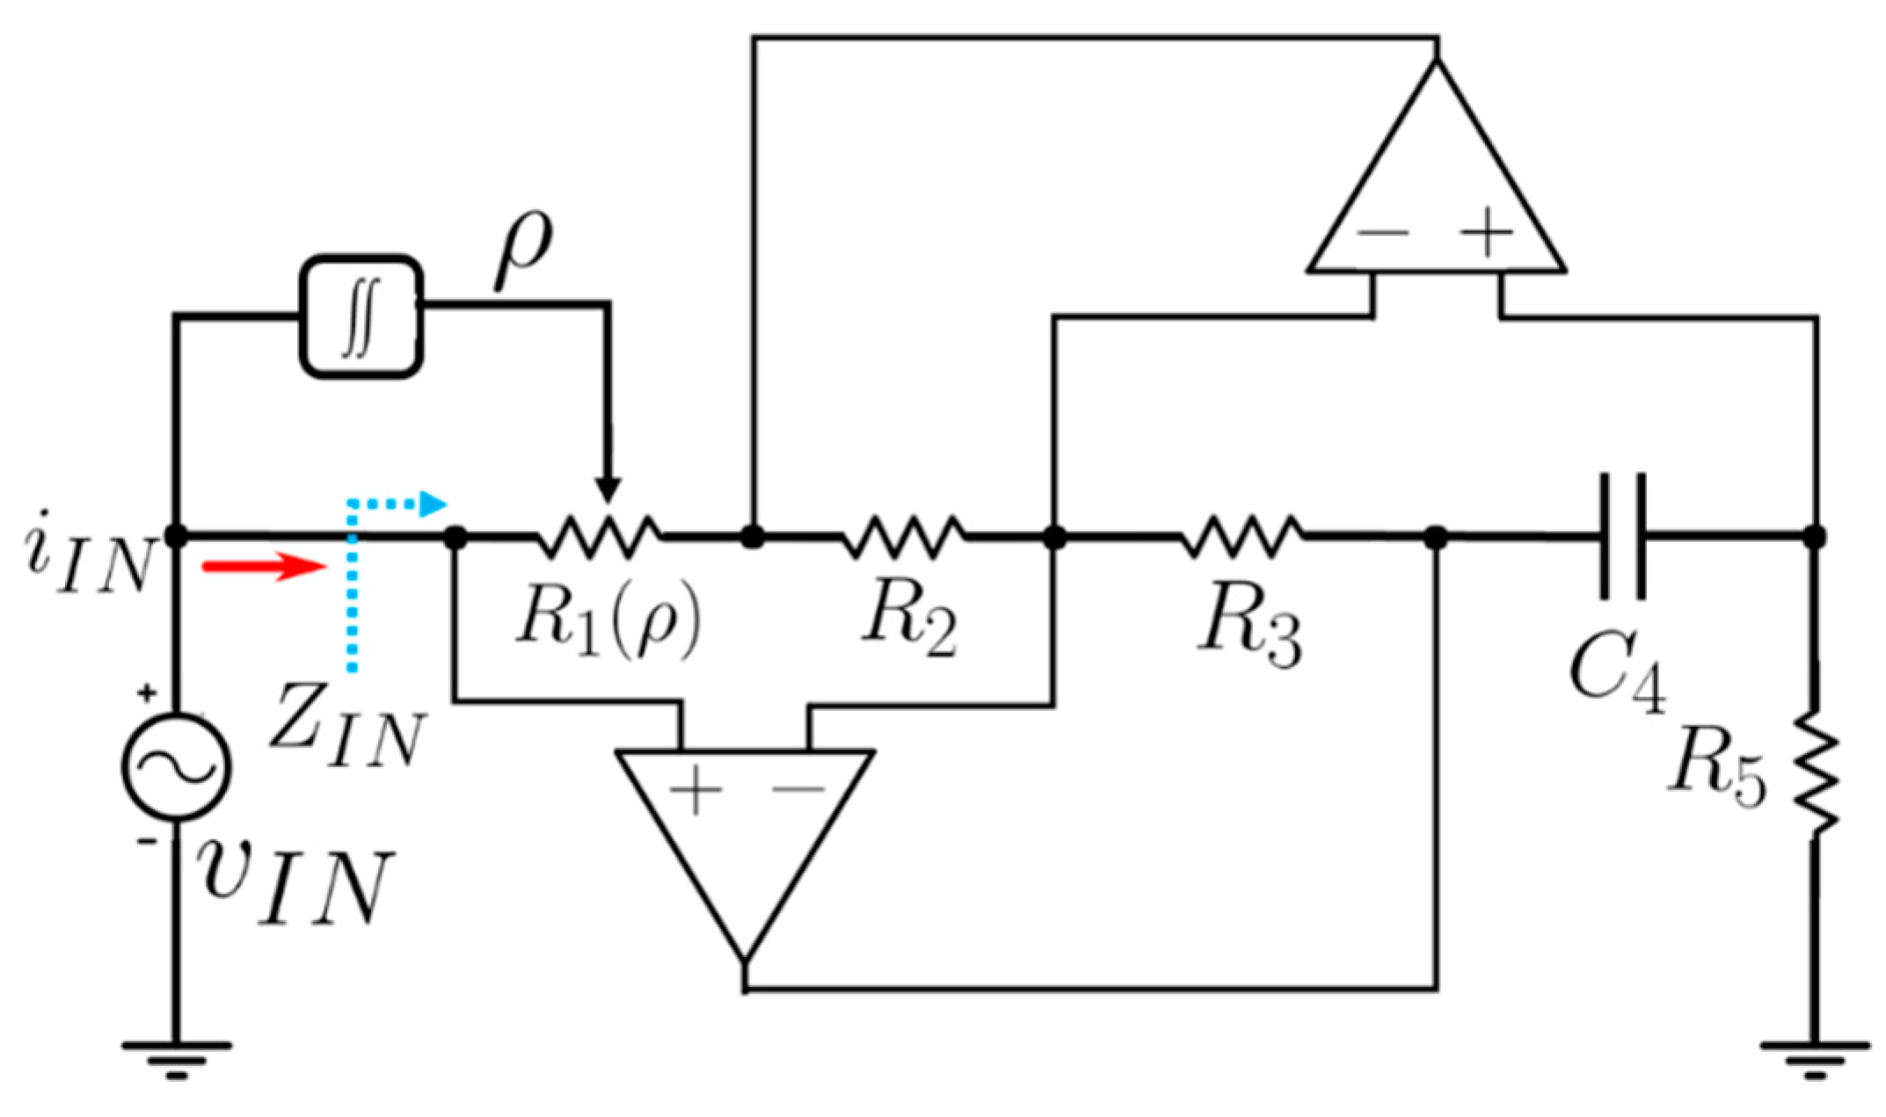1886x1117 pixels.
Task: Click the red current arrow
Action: (x=265, y=566)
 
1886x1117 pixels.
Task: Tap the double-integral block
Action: (x=361, y=317)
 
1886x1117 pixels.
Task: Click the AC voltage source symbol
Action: (x=177, y=766)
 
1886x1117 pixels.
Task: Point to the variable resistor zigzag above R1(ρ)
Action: (x=599, y=536)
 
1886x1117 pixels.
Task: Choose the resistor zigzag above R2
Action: (x=902, y=536)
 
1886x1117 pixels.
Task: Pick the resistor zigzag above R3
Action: (x=1242, y=536)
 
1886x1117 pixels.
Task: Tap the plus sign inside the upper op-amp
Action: (x=1486, y=233)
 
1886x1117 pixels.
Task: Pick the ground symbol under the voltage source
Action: (x=177, y=1058)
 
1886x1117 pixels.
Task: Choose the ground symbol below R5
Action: (x=1815, y=1058)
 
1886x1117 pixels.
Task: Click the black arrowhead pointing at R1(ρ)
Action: (x=608, y=489)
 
